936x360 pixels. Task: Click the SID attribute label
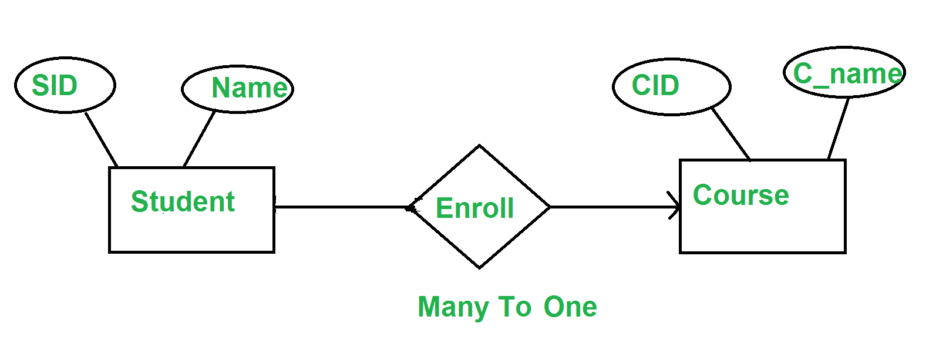coord(55,85)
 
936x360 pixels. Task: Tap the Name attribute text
coord(250,88)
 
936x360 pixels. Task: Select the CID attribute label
coord(656,85)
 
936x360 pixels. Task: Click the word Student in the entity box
coord(183,201)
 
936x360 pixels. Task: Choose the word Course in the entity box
coord(741,195)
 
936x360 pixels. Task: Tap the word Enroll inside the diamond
coord(474,208)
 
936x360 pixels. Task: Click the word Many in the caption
coord(453,308)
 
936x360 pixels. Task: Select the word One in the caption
coord(570,307)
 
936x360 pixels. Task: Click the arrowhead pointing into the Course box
coord(674,206)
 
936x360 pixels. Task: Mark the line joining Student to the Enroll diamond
coord(343,207)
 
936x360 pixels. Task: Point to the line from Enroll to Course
coord(614,207)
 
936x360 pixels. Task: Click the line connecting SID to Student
coord(101,140)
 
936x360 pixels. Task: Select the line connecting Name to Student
coord(199,139)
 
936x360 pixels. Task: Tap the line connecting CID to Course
coord(731,134)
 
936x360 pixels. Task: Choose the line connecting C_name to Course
coord(838,129)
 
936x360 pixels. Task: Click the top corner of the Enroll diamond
coord(479,146)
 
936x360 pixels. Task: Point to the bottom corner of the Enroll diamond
coord(479,268)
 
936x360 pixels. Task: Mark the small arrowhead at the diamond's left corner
coord(412,207)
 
